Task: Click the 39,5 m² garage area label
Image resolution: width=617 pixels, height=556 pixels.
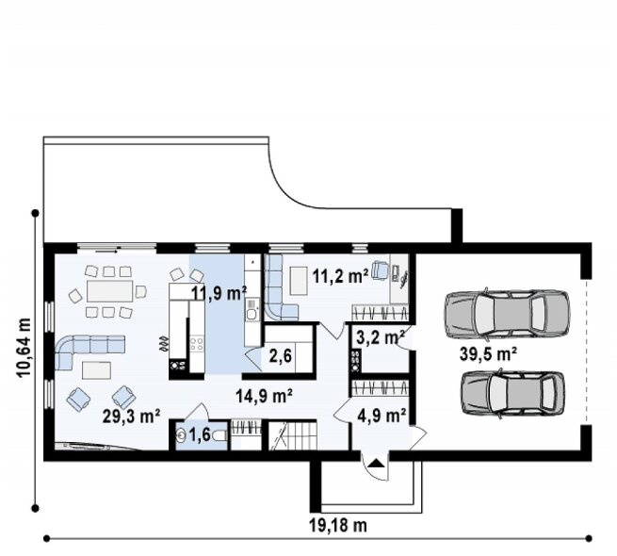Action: (488, 354)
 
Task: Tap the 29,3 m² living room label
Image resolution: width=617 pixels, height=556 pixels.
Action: (131, 417)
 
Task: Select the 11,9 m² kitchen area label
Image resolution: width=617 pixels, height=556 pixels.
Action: (219, 293)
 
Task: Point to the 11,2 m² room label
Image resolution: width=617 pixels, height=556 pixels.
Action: (341, 276)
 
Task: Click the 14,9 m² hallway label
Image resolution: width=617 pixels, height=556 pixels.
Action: (264, 396)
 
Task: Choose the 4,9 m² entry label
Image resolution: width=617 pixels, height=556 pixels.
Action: (382, 415)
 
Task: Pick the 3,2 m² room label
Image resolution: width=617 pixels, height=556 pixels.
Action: (381, 337)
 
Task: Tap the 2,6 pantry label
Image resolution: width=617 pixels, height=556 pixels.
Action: (281, 356)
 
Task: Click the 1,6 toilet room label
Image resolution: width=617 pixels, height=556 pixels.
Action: (200, 435)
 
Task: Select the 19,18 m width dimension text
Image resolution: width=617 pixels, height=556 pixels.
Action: (338, 525)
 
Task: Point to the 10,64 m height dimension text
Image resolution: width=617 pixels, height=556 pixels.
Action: (24, 348)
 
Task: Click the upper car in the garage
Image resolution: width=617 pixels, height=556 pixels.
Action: (507, 314)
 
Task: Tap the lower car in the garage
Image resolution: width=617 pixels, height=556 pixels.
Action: (512, 393)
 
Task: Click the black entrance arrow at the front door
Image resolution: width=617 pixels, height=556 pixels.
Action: (377, 463)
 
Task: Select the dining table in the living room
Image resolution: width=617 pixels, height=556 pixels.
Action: (110, 290)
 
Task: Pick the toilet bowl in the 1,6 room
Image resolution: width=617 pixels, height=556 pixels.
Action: (220, 435)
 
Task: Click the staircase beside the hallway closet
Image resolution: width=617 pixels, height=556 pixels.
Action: (292, 435)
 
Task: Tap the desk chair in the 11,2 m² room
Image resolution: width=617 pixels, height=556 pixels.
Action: (381, 270)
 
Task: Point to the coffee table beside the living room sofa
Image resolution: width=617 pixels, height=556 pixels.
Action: (96, 370)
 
